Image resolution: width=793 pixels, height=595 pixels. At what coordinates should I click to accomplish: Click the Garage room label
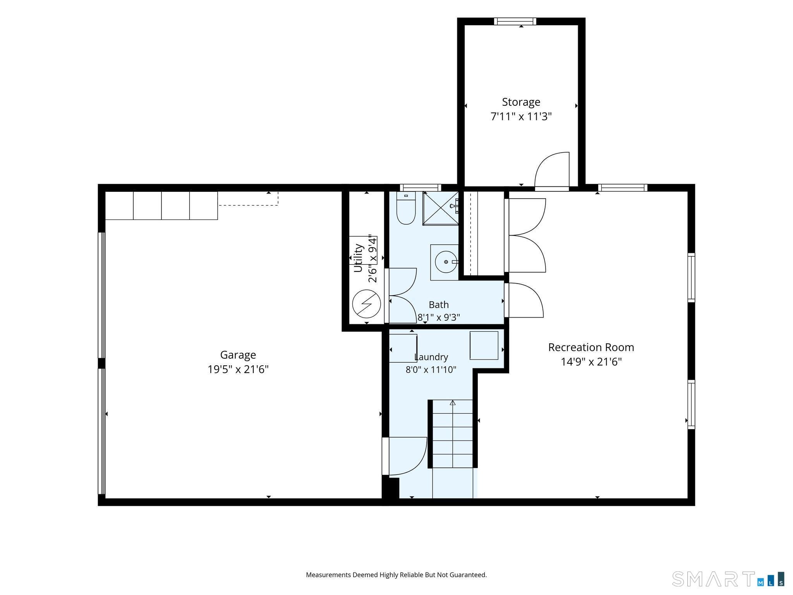238,355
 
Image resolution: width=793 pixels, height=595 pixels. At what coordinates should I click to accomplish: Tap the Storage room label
521,102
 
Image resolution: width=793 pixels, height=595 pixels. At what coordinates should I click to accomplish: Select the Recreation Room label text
591,347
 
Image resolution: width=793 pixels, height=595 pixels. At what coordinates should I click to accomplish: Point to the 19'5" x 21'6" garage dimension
238,369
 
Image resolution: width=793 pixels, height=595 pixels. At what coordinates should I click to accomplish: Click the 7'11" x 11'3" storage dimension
521,116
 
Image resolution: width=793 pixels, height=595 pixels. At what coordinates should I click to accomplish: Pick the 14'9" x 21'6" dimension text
591,362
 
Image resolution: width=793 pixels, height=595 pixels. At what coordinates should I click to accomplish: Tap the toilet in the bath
406,208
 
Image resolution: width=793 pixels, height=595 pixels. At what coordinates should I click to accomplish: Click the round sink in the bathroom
446,262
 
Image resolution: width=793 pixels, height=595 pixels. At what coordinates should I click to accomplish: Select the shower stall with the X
441,208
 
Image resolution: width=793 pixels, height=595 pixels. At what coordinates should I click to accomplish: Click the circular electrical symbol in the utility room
366,304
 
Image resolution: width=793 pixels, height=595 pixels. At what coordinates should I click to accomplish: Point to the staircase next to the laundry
453,434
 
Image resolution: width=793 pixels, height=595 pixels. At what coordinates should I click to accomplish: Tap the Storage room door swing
552,171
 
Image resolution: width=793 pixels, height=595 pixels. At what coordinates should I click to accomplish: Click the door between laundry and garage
405,456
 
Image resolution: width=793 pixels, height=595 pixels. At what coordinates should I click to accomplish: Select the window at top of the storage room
515,21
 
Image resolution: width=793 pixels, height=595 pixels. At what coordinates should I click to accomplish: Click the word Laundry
431,357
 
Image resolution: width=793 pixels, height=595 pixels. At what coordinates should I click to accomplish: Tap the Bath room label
439,304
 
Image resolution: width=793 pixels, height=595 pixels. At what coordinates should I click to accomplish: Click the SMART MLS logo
728,579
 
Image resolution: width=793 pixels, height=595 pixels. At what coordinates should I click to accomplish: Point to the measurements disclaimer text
396,575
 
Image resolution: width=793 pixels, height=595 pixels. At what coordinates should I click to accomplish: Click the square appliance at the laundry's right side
484,345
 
